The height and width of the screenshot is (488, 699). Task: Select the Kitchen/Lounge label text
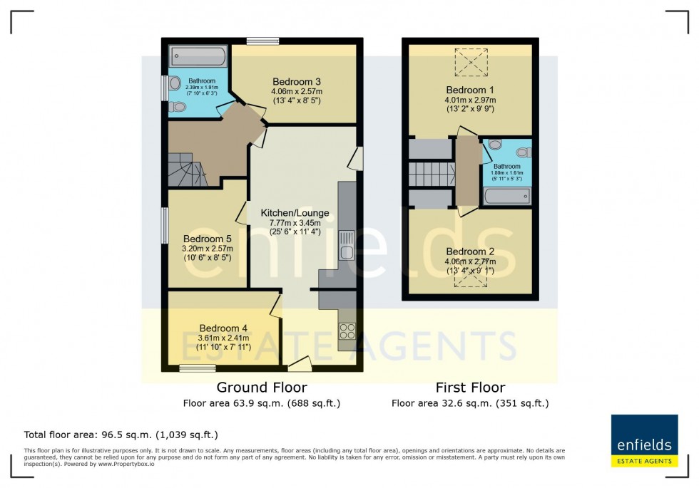(x=295, y=213)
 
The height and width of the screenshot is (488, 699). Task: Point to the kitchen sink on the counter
(x=347, y=244)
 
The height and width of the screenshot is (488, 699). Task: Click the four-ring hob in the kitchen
(x=347, y=331)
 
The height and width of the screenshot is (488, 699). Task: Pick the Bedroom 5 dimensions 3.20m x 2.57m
(x=207, y=249)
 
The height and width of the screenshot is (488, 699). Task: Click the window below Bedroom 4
(x=197, y=368)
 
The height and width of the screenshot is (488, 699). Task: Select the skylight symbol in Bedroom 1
(x=470, y=62)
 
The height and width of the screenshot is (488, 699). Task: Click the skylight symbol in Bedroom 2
(x=470, y=279)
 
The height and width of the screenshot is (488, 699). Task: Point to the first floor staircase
(x=432, y=173)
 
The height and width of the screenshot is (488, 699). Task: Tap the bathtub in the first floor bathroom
(x=506, y=196)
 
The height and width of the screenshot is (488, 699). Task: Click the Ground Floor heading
(x=262, y=388)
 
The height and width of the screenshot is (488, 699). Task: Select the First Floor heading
(x=470, y=388)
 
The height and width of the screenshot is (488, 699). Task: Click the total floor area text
(x=121, y=434)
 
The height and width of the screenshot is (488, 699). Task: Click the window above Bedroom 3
(x=262, y=41)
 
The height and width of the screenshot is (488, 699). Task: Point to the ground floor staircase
(x=187, y=171)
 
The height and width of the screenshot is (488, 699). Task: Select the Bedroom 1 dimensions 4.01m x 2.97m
(x=470, y=100)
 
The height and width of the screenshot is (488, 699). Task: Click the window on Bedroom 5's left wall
(x=164, y=226)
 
